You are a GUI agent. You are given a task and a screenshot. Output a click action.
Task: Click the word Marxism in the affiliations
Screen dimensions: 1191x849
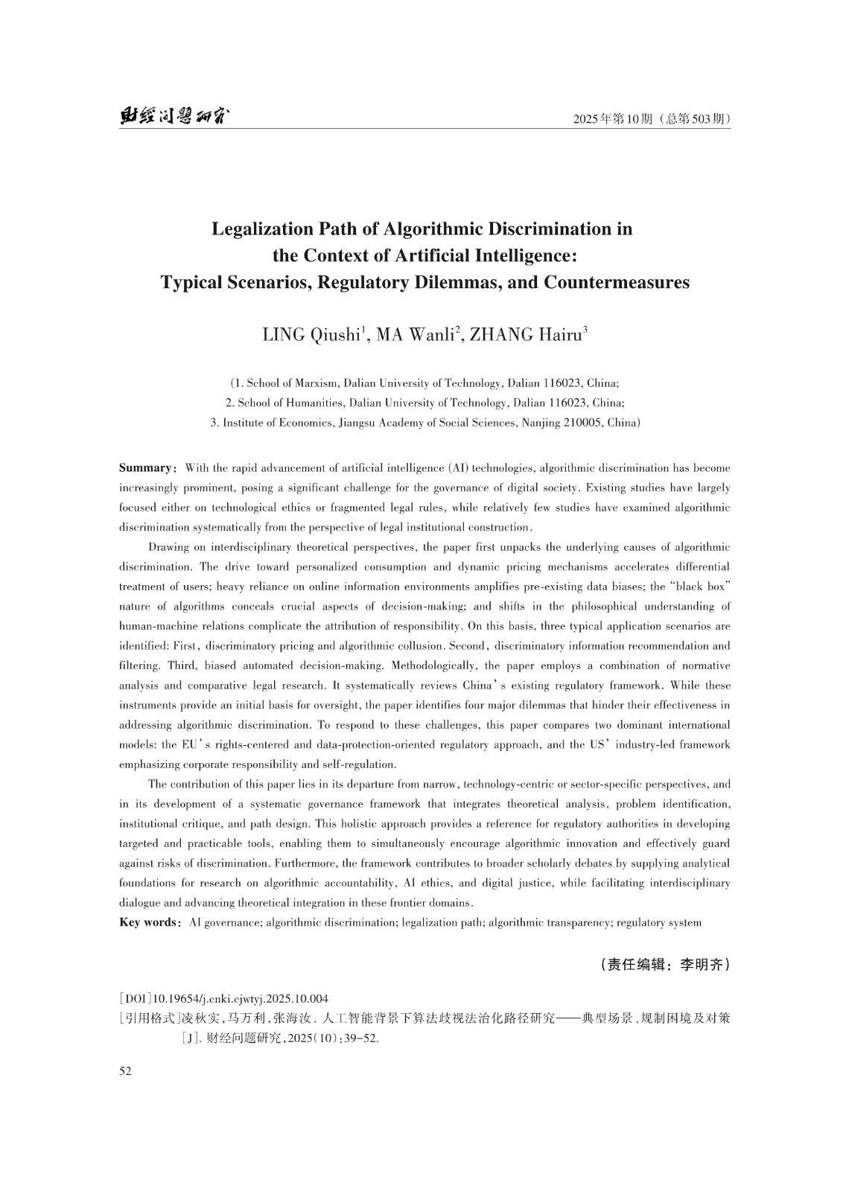click(x=320, y=383)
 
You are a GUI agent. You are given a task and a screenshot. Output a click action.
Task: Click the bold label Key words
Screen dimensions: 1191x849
click(x=147, y=923)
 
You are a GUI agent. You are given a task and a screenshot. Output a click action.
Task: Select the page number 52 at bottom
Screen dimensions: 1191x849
click(x=125, y=1071)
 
